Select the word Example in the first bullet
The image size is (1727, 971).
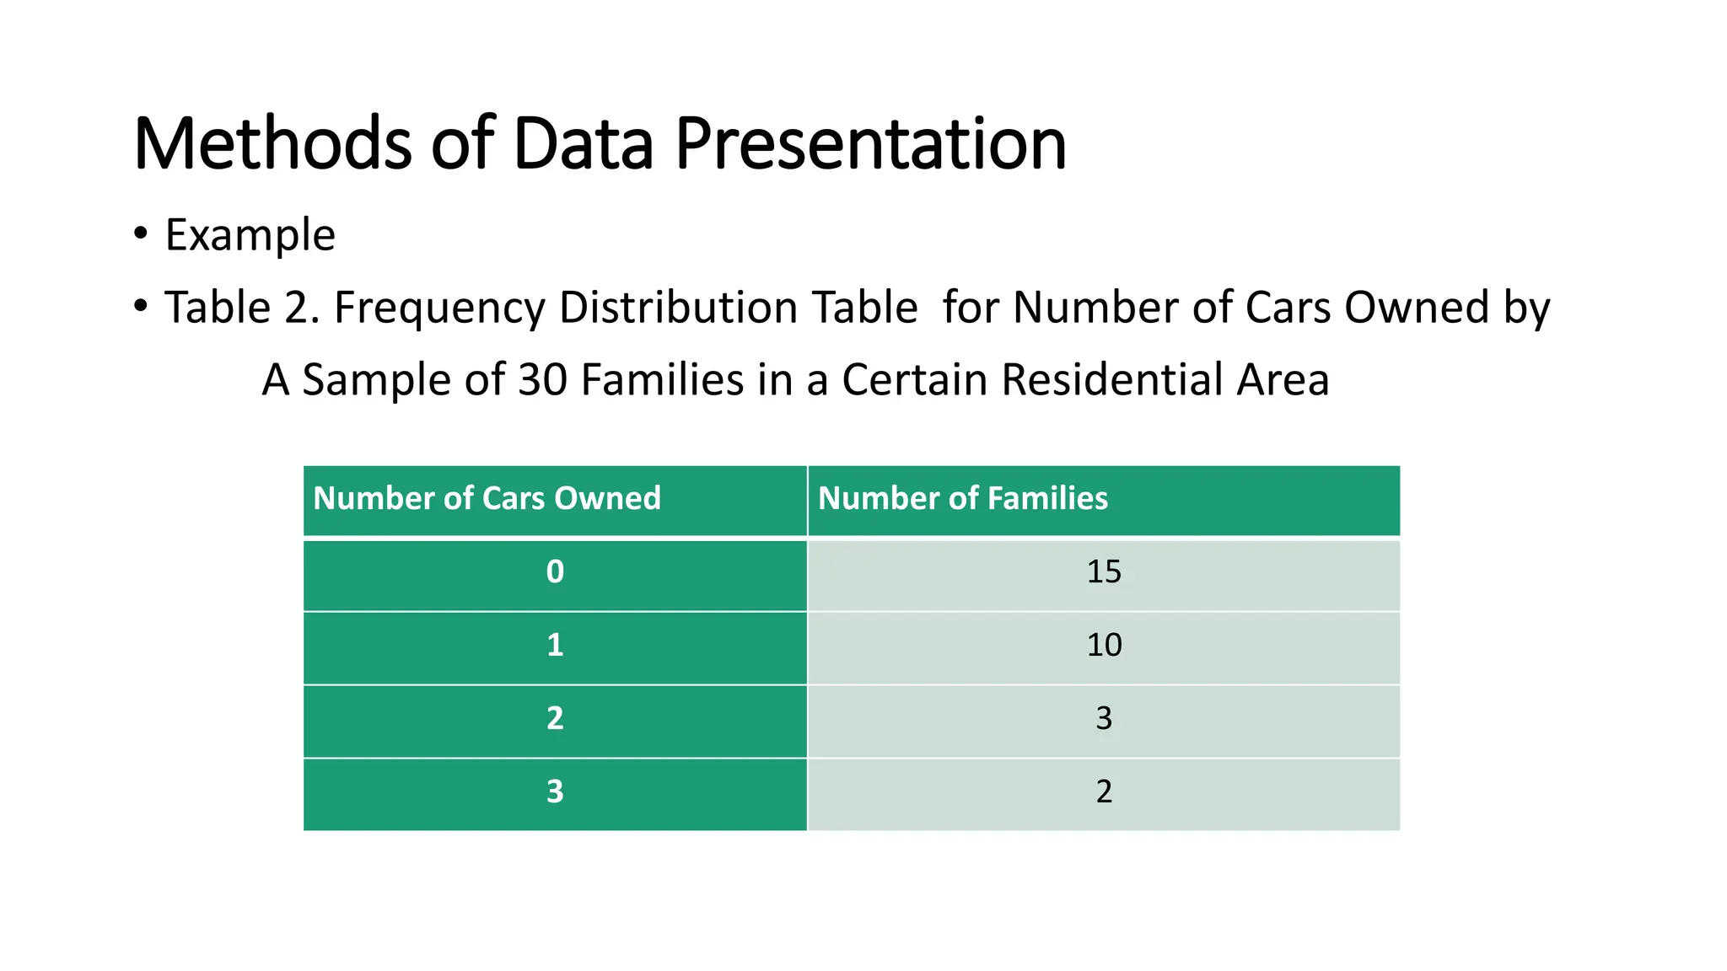tap(250, 235)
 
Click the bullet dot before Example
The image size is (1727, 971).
tap(141, 233)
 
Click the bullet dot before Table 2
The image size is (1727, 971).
tap(141, 305)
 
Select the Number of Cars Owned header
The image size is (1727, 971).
tap(487, 498)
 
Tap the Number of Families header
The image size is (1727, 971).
tap(962, 498)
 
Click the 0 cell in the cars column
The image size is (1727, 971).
tap(555, 572)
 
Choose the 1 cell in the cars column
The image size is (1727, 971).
tap(555, 646)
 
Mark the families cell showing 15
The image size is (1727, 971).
tap(1104, 572)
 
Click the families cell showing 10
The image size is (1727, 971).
tap(1104, 646)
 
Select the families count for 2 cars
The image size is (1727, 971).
tap(1104, 719)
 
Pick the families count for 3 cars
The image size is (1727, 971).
tap(1104, 792)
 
